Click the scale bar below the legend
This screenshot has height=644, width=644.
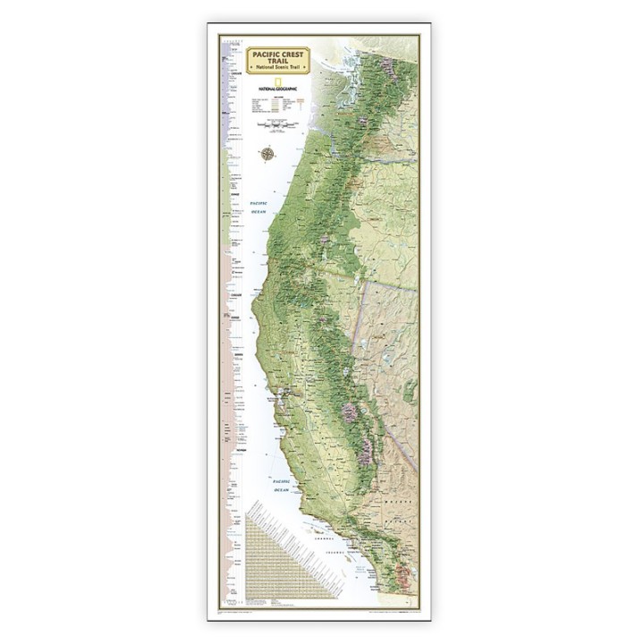point(278,127)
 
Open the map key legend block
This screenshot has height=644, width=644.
point(278,107)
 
